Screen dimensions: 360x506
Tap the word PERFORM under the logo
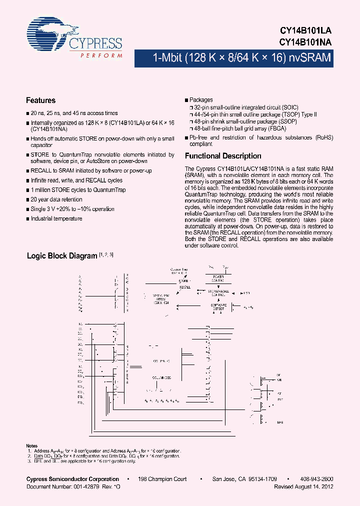tap(101, 55)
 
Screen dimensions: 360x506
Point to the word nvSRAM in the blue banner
tap(309, 58)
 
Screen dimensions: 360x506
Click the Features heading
tap(40, 100)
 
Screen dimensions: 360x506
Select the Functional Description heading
tap(223, 156)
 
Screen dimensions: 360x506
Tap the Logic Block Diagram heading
tap(61, 256)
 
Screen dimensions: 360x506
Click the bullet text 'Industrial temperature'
tap(56, 218)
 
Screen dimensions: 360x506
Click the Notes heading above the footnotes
tap(31, 445)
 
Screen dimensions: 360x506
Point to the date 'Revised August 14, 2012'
tap(303, 486)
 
